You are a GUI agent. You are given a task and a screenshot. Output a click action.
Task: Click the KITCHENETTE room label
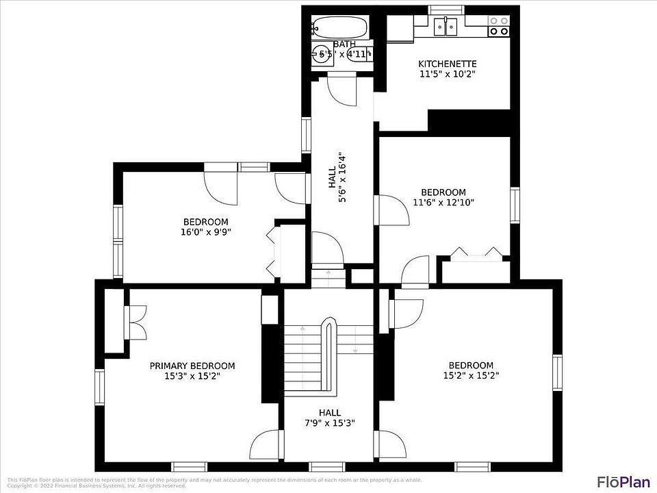pos(447,64)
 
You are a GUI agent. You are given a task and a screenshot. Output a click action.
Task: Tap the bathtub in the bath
pos(340,28)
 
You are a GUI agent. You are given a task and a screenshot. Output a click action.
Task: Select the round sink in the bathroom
pos(321,55)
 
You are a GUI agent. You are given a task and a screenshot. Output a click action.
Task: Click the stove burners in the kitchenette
pos(498,26)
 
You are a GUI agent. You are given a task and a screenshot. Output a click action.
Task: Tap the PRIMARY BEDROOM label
pos(192,366)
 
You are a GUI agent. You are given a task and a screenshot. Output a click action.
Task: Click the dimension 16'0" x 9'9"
pos(205,232)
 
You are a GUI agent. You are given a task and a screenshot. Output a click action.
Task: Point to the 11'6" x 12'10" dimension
pos(443,202)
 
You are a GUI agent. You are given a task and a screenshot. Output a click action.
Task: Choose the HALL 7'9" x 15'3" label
pos(330,418)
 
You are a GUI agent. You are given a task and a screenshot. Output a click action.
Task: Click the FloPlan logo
pos(623,481)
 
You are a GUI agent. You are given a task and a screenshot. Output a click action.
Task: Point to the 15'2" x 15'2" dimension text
pos(471,375)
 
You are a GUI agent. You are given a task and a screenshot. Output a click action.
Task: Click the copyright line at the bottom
pos(96,486)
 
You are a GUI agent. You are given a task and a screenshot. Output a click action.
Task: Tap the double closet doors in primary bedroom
pos(136,322)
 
